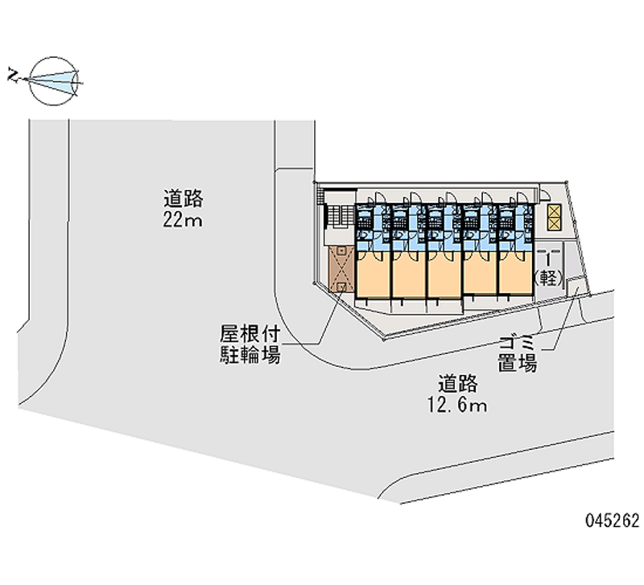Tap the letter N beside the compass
pyautogui.click(x=14, y=76)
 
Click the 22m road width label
pyautogui.click(x=183, y=220)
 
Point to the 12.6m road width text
pyautogui.click(x=457, y=406)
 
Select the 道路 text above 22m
pyautogui.click(x=184, y=199)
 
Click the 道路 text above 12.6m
pyautogui.click(x=457, y=384)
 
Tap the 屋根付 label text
pyautogui.click(x=250, y=334)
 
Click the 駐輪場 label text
pyautogui.click(x=250, y=354)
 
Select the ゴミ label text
pyautogui.click(x=517, y=342)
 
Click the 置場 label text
pyautogui.click(x=518, y=363)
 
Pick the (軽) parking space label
pyautogui.click(x=548, y=278)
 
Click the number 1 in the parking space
pyautogui.click(x=548, y=259)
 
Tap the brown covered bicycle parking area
pyautogui.click(x=341, y=269)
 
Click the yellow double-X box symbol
pyautogui.click(x=553, y=217)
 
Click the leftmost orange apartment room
pyautogui.click(x=373, y=274)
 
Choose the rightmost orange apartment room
pyautogui.click(x=515, y=273)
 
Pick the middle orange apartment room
pyautogui.click(x=444, y=274)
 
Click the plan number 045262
pyautogui.click(x=613, y=521)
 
